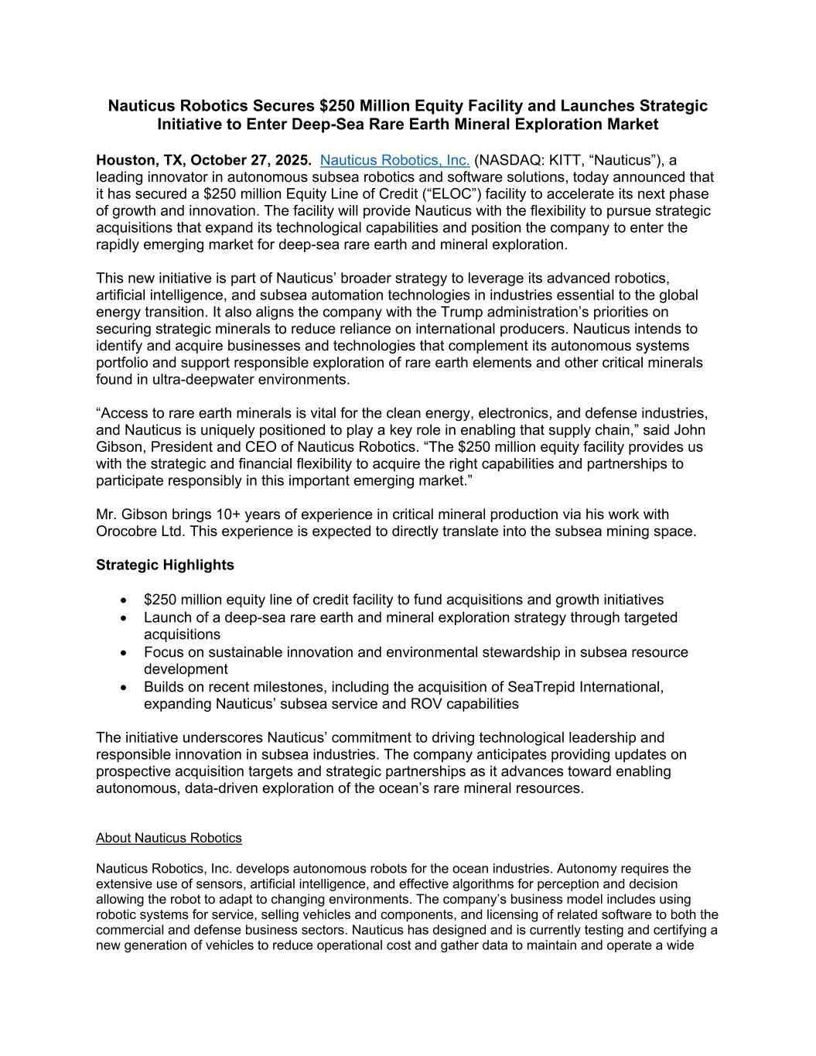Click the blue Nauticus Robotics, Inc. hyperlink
[394, 160]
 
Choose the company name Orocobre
[127, 531]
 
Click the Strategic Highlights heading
[165, 565]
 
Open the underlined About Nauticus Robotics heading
[169, 838]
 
